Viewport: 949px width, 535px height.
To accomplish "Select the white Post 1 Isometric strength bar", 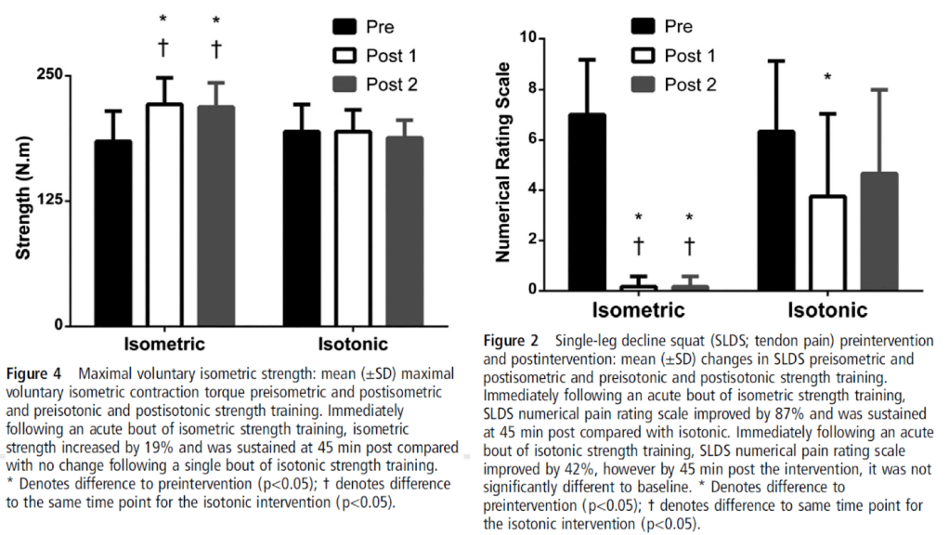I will click(x=164, y=215).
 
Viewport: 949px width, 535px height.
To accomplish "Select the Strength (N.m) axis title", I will click(x=23, y=200).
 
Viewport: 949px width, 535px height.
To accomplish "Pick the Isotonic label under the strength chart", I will click(x=353, y=345).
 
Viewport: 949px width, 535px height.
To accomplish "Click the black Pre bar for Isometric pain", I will click(x=587, y=202).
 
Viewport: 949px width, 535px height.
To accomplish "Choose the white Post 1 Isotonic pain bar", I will click(x=828, y=243).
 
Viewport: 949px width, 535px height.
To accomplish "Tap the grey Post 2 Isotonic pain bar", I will click(x=879, y=231).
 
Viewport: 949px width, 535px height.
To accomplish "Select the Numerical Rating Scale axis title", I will click(x=503, y=163).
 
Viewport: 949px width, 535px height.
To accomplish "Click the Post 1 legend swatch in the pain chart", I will click(x=643, y=55).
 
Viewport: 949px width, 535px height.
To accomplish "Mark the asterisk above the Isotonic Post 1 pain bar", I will click(x=828, y=77).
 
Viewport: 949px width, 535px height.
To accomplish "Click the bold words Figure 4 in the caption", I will click(x=33, y=374).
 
